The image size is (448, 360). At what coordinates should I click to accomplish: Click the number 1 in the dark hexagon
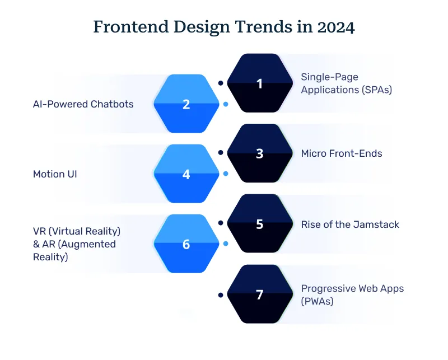(x=259, y=83)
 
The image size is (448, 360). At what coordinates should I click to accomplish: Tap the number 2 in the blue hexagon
(x=186, y=104)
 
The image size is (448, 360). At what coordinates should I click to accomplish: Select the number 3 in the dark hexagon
(x=259, y=153)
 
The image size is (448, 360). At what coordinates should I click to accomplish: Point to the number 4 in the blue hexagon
(x=186, y=174)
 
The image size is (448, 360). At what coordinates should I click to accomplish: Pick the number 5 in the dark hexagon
(x=259, y=224)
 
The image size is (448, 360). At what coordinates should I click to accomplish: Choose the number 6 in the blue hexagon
(x=186, y=245)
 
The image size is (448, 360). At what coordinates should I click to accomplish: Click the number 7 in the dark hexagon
(x=259, y=294)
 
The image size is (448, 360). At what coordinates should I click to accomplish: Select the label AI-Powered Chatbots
(x=83, y=104)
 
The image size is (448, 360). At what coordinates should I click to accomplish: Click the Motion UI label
(x=55, y=174)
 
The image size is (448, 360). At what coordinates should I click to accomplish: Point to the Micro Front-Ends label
(x=342, y=153)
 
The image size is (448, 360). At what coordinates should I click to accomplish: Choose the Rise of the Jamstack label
(x=350, y=224)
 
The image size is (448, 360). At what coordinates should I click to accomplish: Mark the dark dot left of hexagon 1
(x=221, y=83)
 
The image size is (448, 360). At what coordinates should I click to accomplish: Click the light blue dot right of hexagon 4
(x=225, y=174)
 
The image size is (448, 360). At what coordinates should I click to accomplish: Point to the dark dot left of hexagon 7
(x=221, y=294)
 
